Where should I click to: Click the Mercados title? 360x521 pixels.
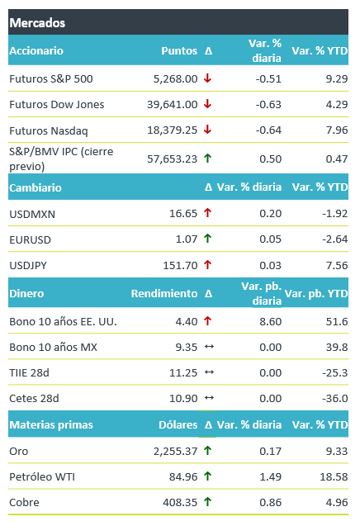(37, 23)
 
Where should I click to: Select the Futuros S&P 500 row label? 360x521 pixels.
(51, 78)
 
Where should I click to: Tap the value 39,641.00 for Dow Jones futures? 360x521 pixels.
(173, 104)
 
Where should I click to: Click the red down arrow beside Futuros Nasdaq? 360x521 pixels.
(208, 130)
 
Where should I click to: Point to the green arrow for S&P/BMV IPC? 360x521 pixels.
(208, 159)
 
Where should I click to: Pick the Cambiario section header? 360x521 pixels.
(36, 187)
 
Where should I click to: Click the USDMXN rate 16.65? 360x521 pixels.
(183, 213)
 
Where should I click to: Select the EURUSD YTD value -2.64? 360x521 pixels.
(334, 239)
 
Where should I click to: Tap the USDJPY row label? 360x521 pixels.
(28, 266)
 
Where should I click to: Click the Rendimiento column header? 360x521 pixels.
(164, 293)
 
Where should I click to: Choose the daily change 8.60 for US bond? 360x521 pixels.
(270, 322)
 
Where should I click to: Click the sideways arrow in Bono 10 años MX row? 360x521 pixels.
(209, 347)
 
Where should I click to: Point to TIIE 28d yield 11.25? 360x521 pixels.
(183, 373)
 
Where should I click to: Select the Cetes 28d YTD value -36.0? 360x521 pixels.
(334, 399)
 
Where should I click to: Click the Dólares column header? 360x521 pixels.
(178, 424)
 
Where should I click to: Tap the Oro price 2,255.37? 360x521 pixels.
(175, 451)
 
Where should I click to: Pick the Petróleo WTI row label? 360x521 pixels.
(42, 476)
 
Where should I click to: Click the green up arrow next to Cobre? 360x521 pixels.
(208, 502)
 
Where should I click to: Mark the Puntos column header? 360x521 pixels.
(179, 50)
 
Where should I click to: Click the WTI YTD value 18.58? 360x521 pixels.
(334, 476)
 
